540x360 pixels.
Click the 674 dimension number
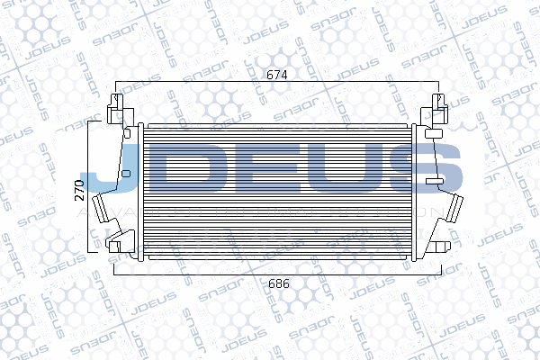point(276,75)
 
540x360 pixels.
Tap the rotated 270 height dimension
point(79,189)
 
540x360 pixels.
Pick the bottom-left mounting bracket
point(115,242)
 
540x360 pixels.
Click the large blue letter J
point(108,171)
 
